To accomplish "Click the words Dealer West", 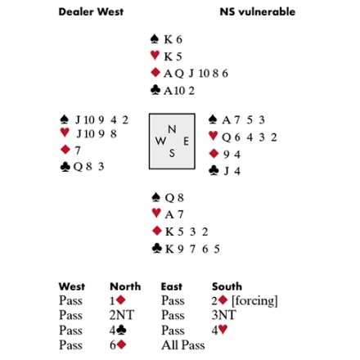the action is tap(91, 11).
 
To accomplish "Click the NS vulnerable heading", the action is tap(258, 11).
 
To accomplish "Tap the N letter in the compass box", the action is tap(172, 129).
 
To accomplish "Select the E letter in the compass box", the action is tap(186, 142).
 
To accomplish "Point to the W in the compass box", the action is tap(160, 141).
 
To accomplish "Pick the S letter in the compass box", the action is tap(172, 153).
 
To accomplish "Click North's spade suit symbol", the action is tap(155, 38).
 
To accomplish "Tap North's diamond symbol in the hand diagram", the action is tap(155, 73).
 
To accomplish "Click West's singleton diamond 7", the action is tap(78, 151).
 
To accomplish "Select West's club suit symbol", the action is tap(65, 167).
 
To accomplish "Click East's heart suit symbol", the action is tap(214, 136).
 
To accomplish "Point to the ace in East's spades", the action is tap(227, 120).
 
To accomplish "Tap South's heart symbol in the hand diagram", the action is tap(156, 213).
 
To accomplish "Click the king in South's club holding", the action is tap(169, 249).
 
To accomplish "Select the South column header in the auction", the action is tap(227, 286).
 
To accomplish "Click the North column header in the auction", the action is tap(125, 286).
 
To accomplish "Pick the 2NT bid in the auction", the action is tap(122, 315).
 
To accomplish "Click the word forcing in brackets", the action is tap(254, 301).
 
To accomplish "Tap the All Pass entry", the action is tap(183, 345).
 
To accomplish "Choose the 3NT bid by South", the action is tap(223, 315).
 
